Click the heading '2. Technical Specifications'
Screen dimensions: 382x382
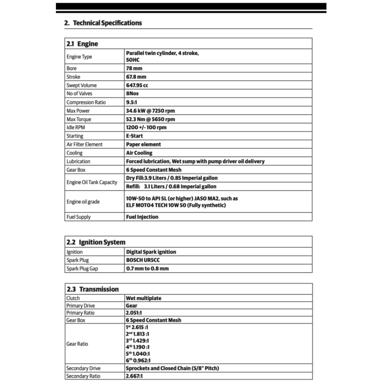click(103, 23)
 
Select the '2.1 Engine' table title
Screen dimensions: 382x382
click(82, 44)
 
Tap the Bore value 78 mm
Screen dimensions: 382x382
click(134, 68)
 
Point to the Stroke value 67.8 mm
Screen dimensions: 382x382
click(136, 77)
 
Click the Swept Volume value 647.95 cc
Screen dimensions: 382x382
click(137, 85)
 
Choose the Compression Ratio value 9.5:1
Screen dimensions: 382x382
click(132, 102)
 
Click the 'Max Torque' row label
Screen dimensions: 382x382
click(79, 119)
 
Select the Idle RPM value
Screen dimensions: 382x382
click(146, 128)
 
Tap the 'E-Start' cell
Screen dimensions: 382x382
click(134, 136)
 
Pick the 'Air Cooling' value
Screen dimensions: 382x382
click(139, 153)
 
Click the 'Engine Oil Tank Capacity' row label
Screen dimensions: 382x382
click(92, 182)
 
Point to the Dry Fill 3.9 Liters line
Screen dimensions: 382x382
click(172, 178)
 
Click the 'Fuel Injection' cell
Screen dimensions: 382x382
click(142, 217)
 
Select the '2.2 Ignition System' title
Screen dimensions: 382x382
click(96, 242)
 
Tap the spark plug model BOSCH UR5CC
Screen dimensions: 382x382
click(143, 260)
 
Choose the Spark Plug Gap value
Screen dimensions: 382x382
click(147, 269)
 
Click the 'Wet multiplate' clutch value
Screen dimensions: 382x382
click(144, 298)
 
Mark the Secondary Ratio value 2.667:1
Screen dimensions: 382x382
click(134, 376)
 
